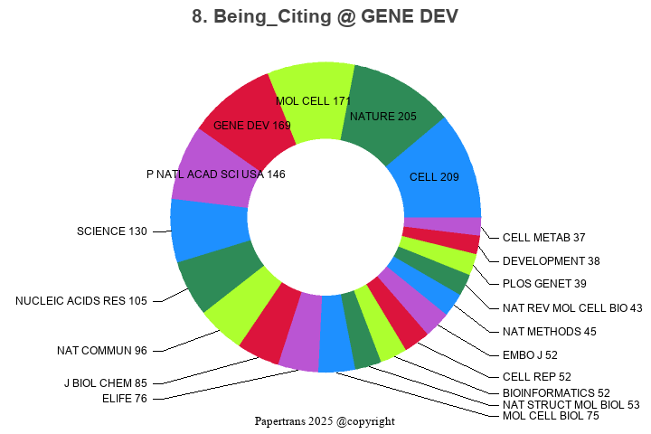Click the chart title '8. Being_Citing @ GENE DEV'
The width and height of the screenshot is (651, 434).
(x=325, y=17)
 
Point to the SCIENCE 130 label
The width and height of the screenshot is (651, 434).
(x=111, y=231)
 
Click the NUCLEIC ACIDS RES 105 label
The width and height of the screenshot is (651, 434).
(x=80, y=301)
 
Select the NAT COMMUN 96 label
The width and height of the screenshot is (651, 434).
(x=101, y=351)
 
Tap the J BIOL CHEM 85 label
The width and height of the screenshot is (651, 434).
(x=105, y=383)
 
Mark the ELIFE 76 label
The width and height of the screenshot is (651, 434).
(x=125, y=398)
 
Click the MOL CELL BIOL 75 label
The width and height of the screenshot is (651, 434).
(x=551, y=416)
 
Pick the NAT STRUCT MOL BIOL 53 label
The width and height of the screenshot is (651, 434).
(x=571, y=404)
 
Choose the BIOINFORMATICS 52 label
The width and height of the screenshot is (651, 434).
(x=556, y=392)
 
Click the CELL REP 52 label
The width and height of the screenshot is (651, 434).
(x=537, y=376)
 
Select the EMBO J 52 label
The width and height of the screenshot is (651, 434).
(x=532, y=354)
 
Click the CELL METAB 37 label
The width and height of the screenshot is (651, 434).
(x=543, y=238)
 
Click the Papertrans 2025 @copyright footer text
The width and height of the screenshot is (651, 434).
(x=325, y=421)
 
